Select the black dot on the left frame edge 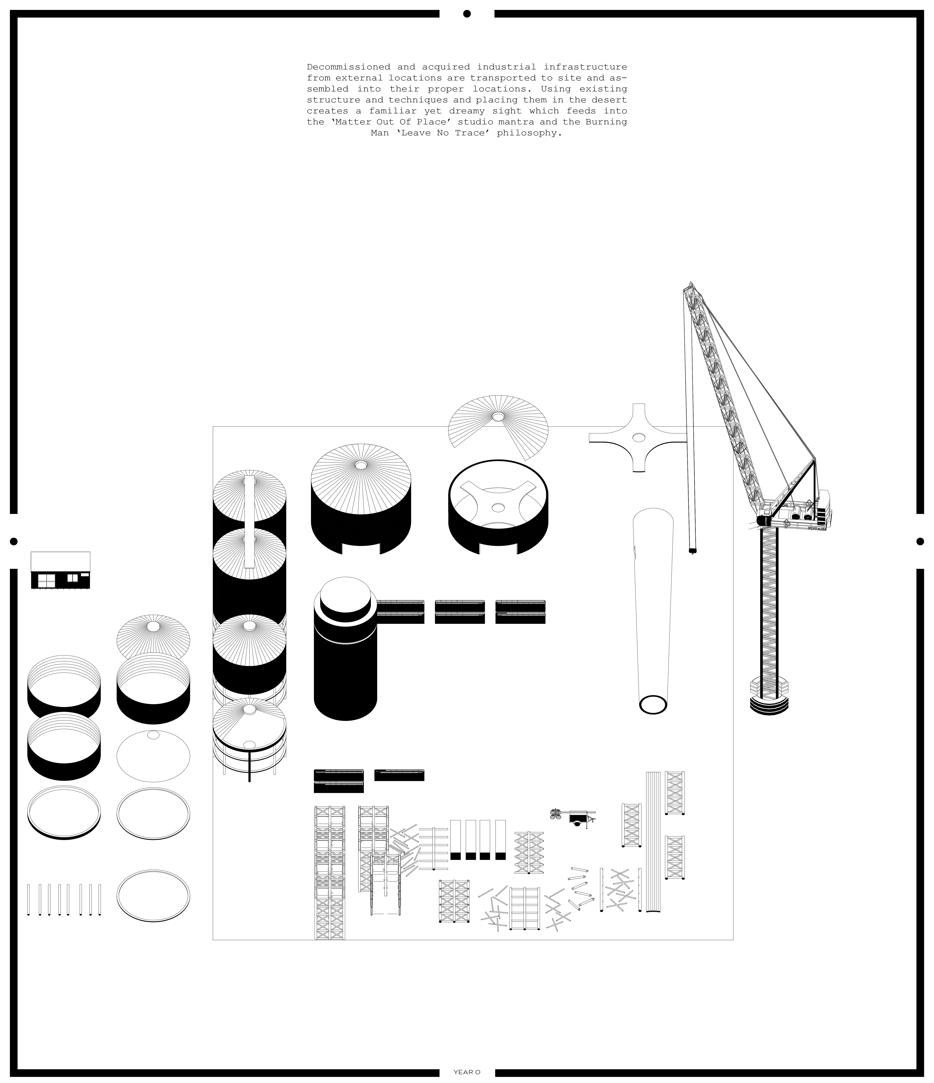[x=14, y=541]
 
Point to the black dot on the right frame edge [x=920, y=541]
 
